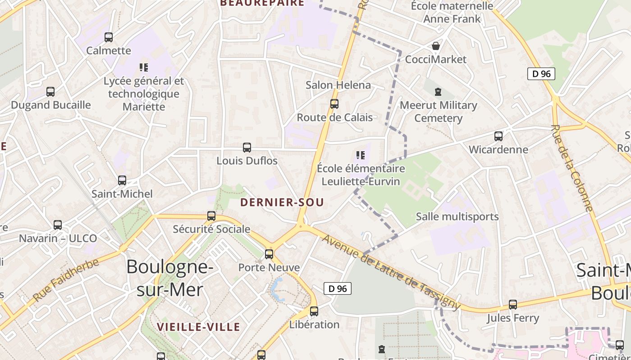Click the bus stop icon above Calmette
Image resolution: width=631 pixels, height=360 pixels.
point(109,37)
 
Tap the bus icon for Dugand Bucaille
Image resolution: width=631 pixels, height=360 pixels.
point(50,92)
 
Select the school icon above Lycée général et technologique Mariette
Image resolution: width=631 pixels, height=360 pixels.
point(144,67)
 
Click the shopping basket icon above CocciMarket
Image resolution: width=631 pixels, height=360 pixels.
point(436,46)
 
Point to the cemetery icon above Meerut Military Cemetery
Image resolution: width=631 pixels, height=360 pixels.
point(438,92)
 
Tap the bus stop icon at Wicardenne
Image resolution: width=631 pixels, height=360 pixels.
point(498,136)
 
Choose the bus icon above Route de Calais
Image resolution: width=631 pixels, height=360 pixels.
point(334,104)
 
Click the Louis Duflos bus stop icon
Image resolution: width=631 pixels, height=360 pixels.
point(247,148)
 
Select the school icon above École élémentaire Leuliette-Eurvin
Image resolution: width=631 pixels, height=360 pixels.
point(361,155)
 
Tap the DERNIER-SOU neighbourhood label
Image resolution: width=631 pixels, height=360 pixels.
point(282,202)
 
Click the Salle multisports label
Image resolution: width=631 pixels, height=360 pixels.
point(457,216)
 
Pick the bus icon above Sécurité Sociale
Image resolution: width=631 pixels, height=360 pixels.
point(211,216)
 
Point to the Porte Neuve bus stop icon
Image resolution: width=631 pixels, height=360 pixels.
point(269,254)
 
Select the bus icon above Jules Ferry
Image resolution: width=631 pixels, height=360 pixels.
point(513,305)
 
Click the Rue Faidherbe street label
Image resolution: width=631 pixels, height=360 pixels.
point(66,280)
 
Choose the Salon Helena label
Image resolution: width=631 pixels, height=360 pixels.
point(338,85)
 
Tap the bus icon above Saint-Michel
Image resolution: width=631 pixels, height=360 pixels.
point(122,180)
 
